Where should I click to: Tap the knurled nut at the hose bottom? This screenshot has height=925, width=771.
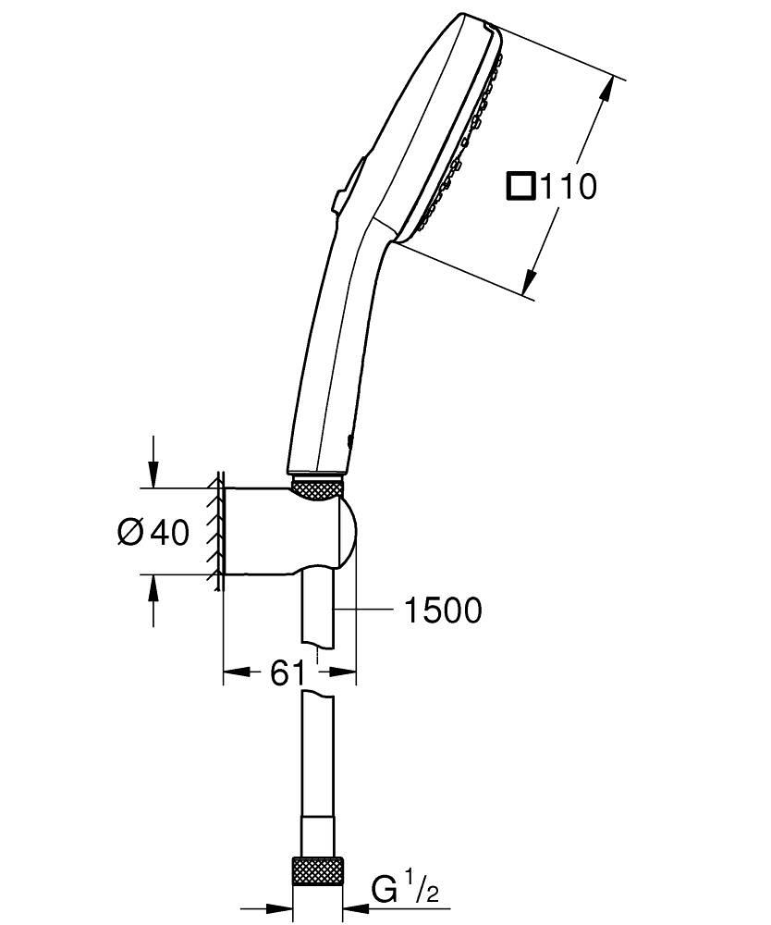click(317, 871)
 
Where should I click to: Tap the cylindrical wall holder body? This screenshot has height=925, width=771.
click(263, 531)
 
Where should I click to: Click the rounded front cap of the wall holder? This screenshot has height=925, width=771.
click(346, 535)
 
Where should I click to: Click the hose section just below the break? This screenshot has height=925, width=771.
click(317, 740)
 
